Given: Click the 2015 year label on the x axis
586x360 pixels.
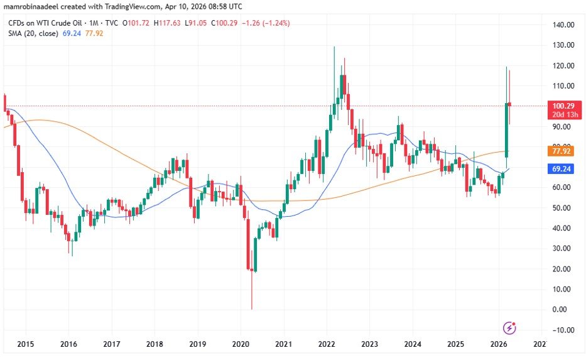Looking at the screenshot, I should point(26,344).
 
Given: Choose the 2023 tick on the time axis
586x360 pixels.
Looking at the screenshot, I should point(369,344).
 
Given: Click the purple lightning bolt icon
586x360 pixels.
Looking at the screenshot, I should point(510,327).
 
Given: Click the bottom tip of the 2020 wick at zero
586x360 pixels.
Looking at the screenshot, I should point(251,309).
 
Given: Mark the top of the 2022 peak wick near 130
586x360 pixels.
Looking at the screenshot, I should point(334,46).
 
